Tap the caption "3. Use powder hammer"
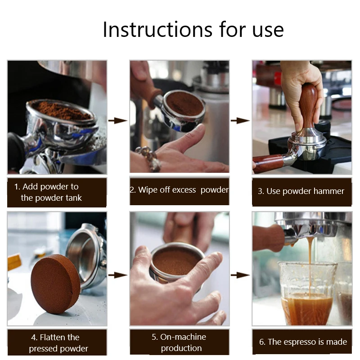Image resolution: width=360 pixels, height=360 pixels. coord(301,191)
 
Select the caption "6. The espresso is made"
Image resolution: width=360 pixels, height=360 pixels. coord(303,342)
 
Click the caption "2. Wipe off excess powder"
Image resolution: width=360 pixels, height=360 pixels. coord(179,190)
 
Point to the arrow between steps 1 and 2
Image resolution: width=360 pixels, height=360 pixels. coord(118,120)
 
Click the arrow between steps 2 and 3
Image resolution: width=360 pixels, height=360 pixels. coord(240,120)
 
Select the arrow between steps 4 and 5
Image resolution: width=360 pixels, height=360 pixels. coord(118,275)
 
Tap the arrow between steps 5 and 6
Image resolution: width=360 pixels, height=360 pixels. coord(240,275)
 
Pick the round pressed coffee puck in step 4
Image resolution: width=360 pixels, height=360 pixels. coord(55,284)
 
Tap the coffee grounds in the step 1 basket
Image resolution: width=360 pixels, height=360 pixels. coord(62,111)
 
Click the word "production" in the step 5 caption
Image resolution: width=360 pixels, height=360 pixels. coord(181,348)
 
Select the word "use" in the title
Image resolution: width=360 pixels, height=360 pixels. coord(268,31)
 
